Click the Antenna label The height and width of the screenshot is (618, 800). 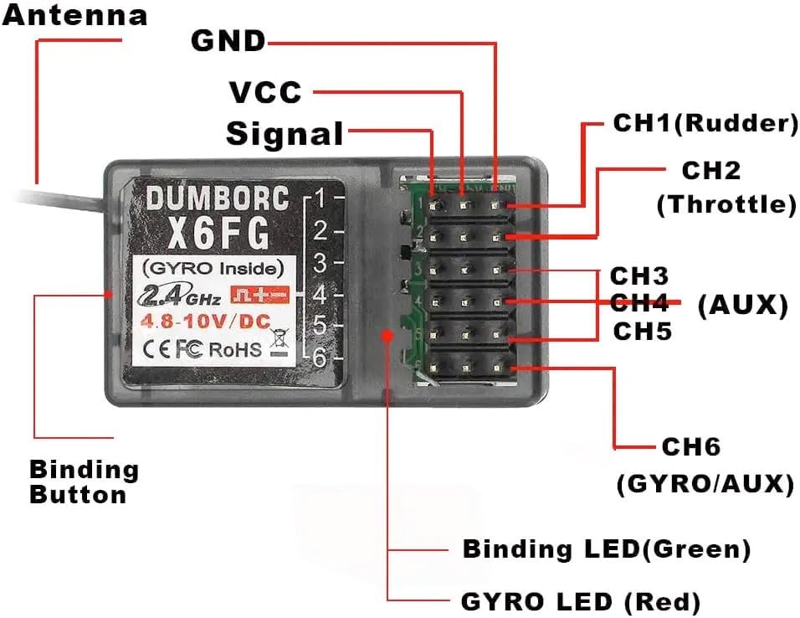point(74,14)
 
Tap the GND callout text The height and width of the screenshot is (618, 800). point(228,40)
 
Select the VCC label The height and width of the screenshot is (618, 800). point(264,91)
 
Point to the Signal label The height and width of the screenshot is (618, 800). point(285,134)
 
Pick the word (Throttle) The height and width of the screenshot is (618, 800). point(726,205)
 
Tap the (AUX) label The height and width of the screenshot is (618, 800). point(742,306)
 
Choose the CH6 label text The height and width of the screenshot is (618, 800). point(690,446)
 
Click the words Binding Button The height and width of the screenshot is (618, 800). point(84,482)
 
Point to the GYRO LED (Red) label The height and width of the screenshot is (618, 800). point(581,602)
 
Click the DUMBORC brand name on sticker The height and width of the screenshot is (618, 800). point(218,198)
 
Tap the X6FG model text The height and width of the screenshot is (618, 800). point(218,234)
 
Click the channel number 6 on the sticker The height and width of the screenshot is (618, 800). point(318,357)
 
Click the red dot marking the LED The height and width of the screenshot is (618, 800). point(387,335)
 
